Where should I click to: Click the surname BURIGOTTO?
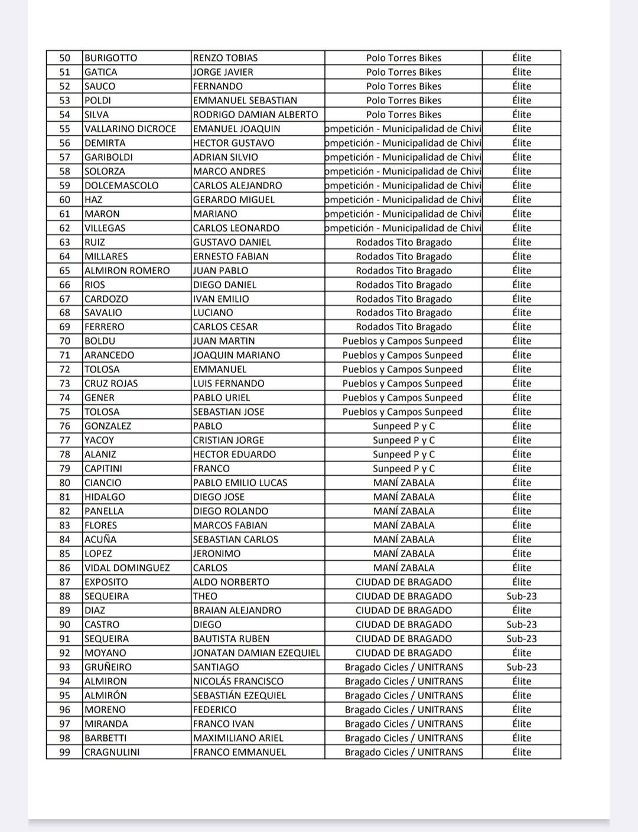(x=110, y=58)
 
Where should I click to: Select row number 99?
(x=64, y=752)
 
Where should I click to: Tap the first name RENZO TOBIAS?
(x=225, y=58)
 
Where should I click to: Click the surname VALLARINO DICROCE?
(x=130, y=129)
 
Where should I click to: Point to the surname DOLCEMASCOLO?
(x=121, y=186)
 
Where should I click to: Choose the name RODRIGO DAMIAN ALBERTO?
(x=255, y=115)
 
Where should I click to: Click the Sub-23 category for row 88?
(x=522, y=596)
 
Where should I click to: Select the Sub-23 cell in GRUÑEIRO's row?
(x=522, y=667)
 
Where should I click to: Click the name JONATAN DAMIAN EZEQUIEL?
(x=256, y=653)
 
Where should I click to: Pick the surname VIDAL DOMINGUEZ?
(x=127, y=568)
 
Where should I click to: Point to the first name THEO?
(x=205, y=596)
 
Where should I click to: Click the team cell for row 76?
(x=403, y=426)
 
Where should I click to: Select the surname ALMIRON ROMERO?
(x=127, y=271)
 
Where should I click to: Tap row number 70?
(x=64, y=341)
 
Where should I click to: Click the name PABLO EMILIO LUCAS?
(x=240, y=483)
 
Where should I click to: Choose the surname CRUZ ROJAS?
(x=111, y=383)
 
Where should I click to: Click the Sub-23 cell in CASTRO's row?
(x=522, y=625)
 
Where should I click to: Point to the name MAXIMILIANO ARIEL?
(x=238, y=738)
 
